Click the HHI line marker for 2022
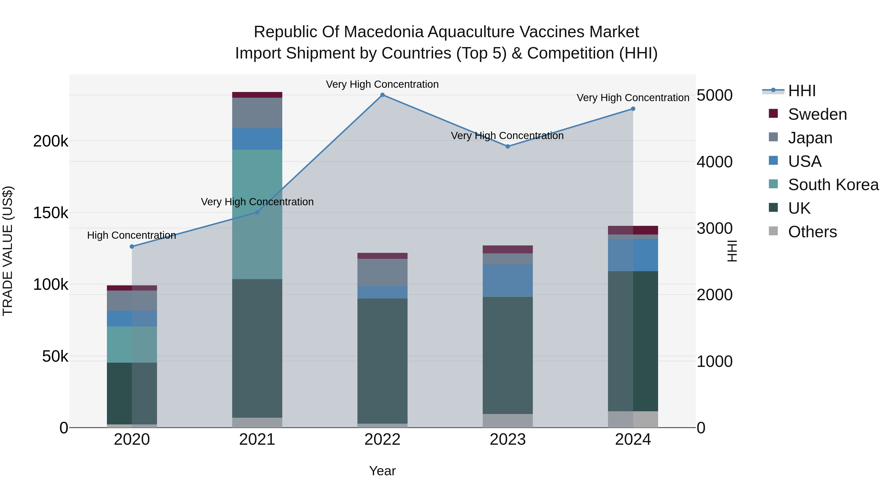[382, 95]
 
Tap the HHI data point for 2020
[132, 247]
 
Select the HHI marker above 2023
[508, 147]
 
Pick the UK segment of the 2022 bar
[382, 360]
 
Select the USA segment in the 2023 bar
[508, 280]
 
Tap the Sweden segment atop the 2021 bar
[257, 95]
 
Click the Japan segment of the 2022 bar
[382, 272]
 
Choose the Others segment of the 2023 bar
[508, 421]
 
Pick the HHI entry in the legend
[801, 91]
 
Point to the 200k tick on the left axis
[51, 141]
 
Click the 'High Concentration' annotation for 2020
[131, 235]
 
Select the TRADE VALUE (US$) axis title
[8, 251]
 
